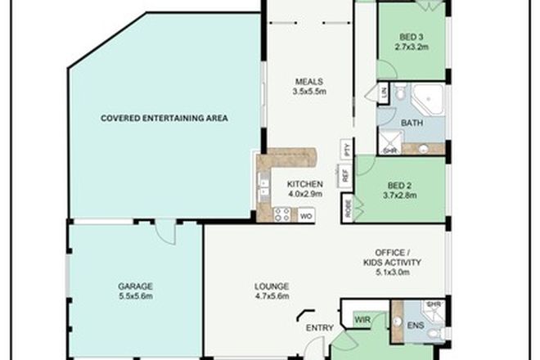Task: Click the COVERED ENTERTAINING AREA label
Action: tap(164, 118)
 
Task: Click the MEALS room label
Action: tap(311, 81)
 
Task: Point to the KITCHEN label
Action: tap(304, 184)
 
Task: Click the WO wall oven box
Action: tap(305, 216)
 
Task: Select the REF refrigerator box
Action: tap(345, 174)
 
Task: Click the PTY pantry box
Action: tap(346, 150)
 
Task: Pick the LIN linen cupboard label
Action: tap(384, 95)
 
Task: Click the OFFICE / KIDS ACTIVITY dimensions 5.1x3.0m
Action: tap(391, 274)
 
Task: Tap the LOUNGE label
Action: tap(271, 286)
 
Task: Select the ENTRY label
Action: tap(320, 329)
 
